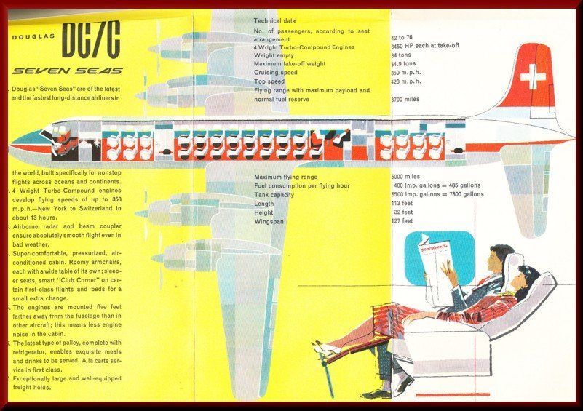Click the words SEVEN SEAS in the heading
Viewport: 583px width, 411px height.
(68, 71)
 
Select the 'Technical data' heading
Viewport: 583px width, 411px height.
(275, 21)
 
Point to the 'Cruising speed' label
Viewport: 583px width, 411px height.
(276, 73)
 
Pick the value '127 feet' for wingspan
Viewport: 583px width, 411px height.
(404, 221)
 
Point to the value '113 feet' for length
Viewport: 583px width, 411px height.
(404, 204)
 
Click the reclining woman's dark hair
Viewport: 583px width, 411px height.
(530, 276)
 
